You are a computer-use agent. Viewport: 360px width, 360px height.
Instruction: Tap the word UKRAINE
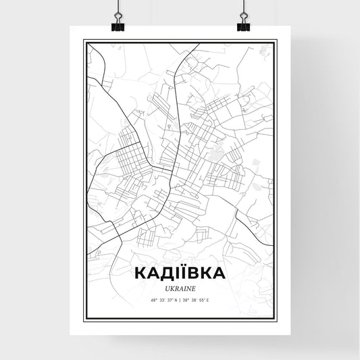[x=180, y=286]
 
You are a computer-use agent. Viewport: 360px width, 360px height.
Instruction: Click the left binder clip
[x=117, y=25]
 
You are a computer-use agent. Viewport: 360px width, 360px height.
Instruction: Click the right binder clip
[x=242, y=25]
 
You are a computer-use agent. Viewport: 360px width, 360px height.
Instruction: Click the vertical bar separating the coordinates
[x=180, y=299]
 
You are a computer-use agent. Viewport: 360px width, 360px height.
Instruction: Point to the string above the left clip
[x=117, y=7]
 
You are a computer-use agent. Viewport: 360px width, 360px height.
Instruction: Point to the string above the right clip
[x=242, y=7]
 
